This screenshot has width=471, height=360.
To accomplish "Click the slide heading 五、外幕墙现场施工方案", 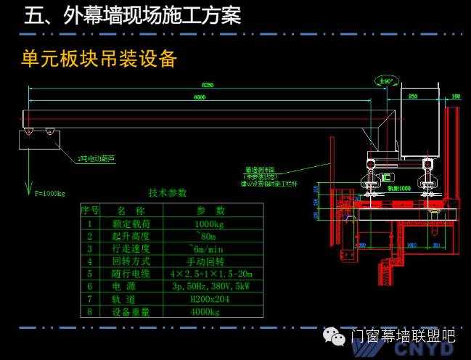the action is click(132, 16).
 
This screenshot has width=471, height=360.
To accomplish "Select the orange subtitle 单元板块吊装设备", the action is click(99, 59).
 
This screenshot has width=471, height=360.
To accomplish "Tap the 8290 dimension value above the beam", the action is click(208, 85).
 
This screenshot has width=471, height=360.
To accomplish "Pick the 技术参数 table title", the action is click(168, 193).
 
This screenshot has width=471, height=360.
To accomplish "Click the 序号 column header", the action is click(90, 211).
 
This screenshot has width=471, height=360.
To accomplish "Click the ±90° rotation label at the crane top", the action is click(385, 81).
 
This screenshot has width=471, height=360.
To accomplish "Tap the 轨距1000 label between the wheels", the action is click(398, 188).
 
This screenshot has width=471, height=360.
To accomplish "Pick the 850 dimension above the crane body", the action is click(412, 95).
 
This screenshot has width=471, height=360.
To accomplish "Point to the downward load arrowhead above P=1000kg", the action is click(28, 188).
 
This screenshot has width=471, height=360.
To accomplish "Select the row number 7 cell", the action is click(90, 299).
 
